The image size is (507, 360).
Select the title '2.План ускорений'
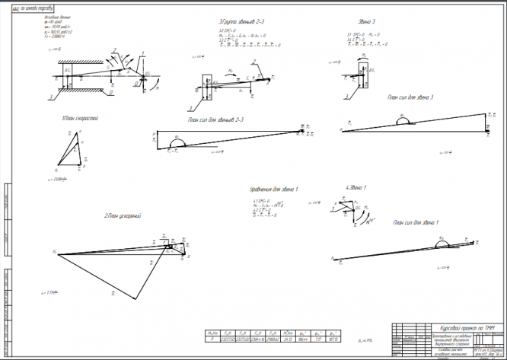(123, 216)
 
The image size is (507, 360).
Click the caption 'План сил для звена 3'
(410, 97)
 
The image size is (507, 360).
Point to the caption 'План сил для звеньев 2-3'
(215, 119)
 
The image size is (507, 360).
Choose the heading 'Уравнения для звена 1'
(274, 188)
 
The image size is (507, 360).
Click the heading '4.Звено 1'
(356, 186)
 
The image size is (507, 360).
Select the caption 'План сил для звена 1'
(416, 222)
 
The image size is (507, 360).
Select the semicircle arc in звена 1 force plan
(442, 242)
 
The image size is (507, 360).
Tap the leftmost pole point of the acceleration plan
(56, 250)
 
